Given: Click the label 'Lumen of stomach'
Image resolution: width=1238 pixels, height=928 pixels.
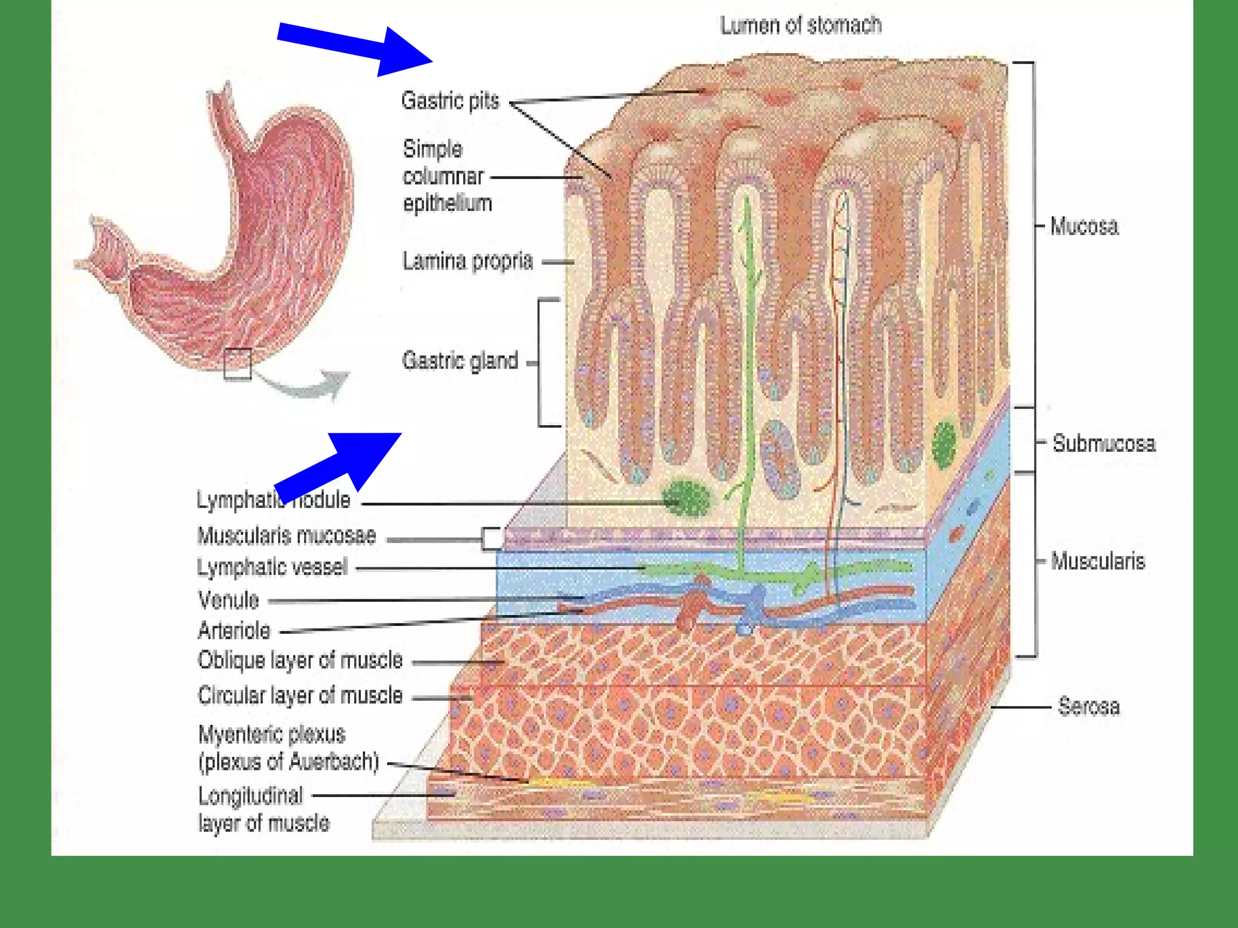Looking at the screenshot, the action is (x=800, y=25).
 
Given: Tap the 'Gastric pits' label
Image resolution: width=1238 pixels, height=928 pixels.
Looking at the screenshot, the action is (x=450, y=100).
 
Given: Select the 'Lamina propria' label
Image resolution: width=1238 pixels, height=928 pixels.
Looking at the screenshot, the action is (x=467, y=261).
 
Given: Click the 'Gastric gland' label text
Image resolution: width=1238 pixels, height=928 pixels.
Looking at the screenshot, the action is (x=460, y=361).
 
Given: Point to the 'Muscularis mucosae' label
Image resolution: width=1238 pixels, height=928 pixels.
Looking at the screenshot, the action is (x=287, y=536).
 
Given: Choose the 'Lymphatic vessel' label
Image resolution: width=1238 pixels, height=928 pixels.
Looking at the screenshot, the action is (x=272, y=567).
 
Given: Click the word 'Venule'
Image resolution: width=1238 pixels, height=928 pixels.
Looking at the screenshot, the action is (x=228, y=600).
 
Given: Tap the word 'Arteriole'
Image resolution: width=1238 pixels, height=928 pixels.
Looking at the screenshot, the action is (x=235, y=631).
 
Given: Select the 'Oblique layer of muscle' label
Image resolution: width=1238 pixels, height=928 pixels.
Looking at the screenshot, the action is (x=300, y=660).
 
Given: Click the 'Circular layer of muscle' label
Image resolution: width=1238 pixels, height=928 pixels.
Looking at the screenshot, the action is (x=300, y=695).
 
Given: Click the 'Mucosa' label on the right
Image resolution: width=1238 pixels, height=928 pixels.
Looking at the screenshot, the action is (x=1084, y=226).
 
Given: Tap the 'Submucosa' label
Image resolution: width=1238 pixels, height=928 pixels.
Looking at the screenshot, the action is (x=1104, y=443).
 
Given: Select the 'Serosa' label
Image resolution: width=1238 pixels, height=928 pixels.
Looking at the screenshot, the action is (x=1089, y=706).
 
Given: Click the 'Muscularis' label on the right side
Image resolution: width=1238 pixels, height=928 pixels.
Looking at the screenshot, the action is (x=1098, y=561).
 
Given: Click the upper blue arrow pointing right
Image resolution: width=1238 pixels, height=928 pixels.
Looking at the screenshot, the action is (x=357, y=48).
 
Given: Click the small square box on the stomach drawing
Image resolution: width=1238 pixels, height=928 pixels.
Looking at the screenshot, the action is (x=238, y=364).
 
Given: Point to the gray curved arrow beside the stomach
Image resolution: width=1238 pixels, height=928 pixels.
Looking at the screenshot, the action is (x=308, y=387).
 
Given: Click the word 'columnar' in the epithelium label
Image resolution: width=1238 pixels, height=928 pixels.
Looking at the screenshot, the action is (x=443, y=176).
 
